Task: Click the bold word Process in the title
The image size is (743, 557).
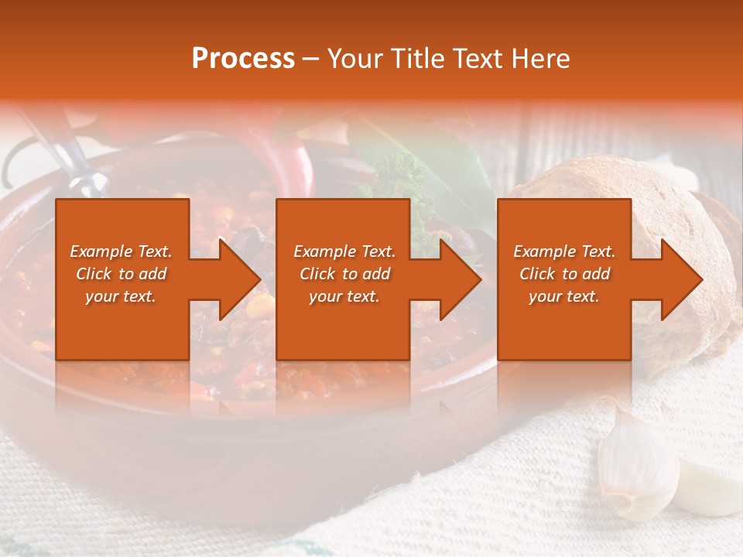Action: coord(243,59)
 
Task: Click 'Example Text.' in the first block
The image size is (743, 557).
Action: coord(122,251)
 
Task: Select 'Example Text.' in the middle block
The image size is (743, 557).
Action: coord(344,251)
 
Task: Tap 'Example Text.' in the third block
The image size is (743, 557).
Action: coord(564,251)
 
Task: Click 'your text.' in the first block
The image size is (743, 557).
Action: coord(122,296)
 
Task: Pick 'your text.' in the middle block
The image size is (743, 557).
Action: coord(344,296)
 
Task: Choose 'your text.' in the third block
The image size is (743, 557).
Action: coord(564,296)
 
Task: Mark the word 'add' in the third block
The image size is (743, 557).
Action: coord(597,274)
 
